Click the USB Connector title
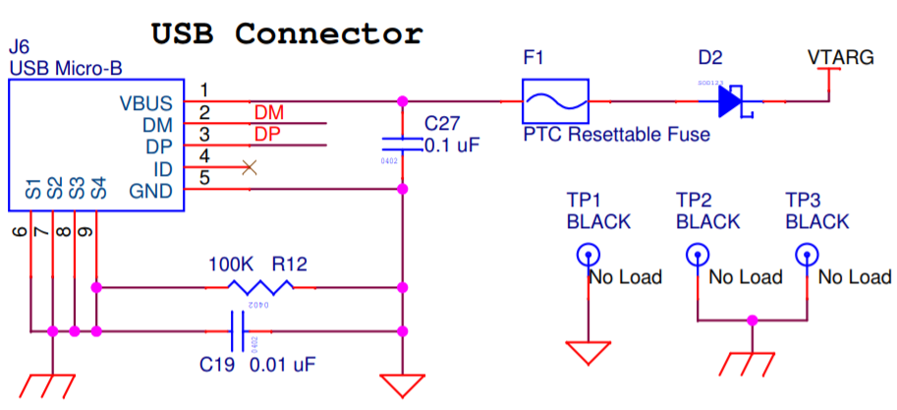pos(286,33)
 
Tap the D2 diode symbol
pos(732,101)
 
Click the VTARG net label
pos(840,58)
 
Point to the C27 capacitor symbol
pos(401,143)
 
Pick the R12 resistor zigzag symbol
pos(260,287)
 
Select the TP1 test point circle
pos(587,254)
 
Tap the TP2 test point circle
pos(697,254)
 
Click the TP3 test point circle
pos(807,254)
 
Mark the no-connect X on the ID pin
pos(249,168)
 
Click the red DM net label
pos(268,113)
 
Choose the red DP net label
pos(268,134)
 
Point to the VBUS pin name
pos(145,102)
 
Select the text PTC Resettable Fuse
pos(616,135)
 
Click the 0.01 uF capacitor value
pos(283,365)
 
